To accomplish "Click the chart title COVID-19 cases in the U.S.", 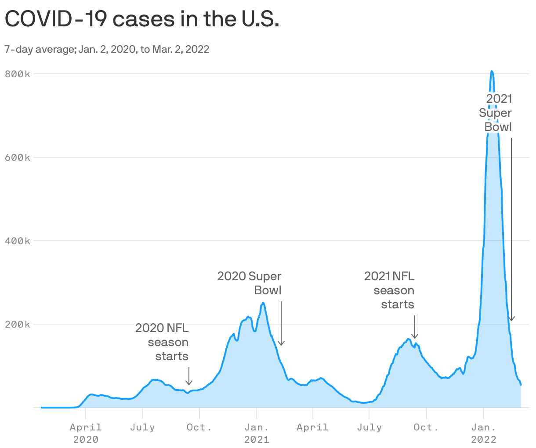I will click(x=141, y=19).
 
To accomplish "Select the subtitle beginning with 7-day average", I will click(x=107, y=49).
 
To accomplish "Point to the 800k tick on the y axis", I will click(x=18, y=74).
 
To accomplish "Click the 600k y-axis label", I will click(x=18, y=157).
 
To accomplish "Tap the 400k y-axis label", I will click(x=18, y=241).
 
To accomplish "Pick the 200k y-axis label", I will click(x=18, y=324).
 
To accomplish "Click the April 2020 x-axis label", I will click(x=86, y=433).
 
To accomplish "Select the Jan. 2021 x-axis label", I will click(x=257, y=433).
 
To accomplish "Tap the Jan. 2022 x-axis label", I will click(x=484, y=433).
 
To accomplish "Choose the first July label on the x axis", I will click(x=142, y=427).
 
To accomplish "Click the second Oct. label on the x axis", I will click(x=426, y=427).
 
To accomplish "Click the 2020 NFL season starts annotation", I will click(x=162, y=342).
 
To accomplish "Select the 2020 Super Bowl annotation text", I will click(x=250, y=283).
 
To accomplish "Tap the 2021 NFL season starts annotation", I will click(x=389, y=290).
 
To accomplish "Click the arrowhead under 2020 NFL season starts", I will click(x=189, y=383).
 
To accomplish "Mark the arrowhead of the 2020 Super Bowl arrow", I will click(x=281, y=344).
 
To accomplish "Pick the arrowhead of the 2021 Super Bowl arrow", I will click(x=511, y=319).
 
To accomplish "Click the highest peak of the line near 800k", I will click(x=492, y=71).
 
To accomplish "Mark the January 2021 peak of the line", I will click(x=263, y=303).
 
